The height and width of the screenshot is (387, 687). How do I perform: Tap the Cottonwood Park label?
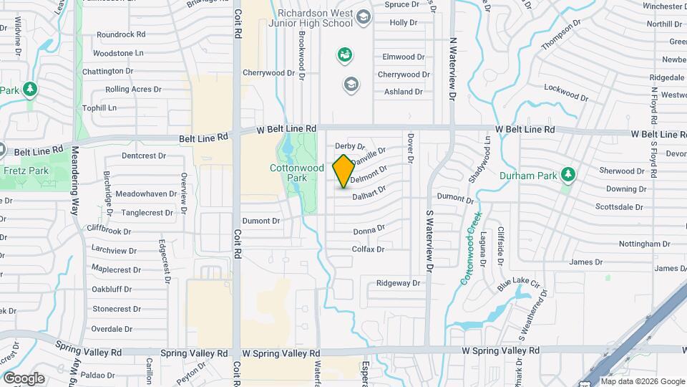point(288,173)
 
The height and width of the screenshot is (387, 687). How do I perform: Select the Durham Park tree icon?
point(568,173)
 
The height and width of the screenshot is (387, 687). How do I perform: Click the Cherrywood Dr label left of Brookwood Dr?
point(269,72)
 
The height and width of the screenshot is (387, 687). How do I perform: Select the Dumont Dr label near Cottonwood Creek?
point(455,196)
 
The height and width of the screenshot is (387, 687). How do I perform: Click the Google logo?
point(24,378)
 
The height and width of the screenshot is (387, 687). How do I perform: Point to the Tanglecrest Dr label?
point(146,212)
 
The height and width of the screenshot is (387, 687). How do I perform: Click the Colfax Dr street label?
point(369,249)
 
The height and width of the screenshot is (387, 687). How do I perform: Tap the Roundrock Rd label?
point(120,34)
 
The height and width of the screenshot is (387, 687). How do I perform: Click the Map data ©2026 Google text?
point(642,381)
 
